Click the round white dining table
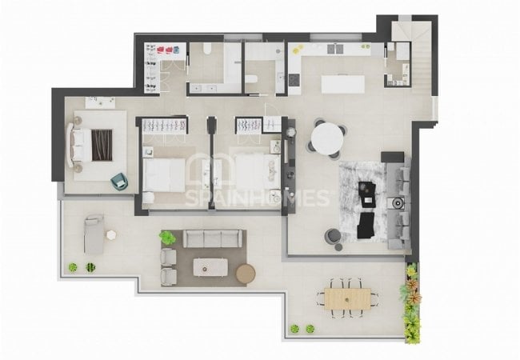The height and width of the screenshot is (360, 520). point(327,138)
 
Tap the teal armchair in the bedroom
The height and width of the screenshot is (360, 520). point(119,182)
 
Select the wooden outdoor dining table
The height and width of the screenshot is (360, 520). point(347,299)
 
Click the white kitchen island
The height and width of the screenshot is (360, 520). point(343,84)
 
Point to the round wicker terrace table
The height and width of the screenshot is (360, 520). point(246,274)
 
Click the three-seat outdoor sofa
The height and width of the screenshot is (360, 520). point(213,238)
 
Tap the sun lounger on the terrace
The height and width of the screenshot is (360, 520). point(94,234)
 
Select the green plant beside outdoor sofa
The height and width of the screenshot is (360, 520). point(167,238)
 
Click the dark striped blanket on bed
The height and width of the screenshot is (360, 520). point(102,145)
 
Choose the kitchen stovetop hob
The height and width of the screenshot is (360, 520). point(294,79)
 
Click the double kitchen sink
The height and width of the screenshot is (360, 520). point(335,49)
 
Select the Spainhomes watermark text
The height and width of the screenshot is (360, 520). point(257,198)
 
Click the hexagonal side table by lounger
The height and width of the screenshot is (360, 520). point(111,234)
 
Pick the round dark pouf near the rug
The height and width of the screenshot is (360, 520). point(333,236)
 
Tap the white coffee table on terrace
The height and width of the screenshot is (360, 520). point(210,267)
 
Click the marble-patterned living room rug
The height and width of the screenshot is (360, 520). point(363,202)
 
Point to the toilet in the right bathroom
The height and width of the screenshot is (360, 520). point(252,79)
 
